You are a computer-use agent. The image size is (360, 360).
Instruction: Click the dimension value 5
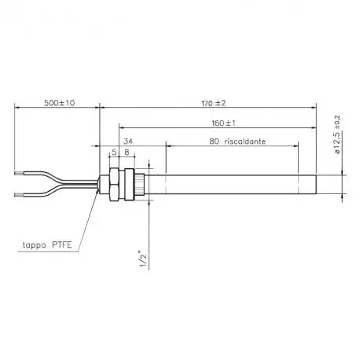pyautogui.click(x=114, y=152)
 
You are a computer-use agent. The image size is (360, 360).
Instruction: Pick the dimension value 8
pyautogui.click(x=127, y=152)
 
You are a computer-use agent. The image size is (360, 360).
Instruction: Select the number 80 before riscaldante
pyautogui.click(x=213, y=142)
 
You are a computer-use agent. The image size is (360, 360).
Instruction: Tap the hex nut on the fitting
pyautogui.click(x=116, y=182)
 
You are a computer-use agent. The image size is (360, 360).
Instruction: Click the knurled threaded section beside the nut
pyautogui.click(x=139, y=182)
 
